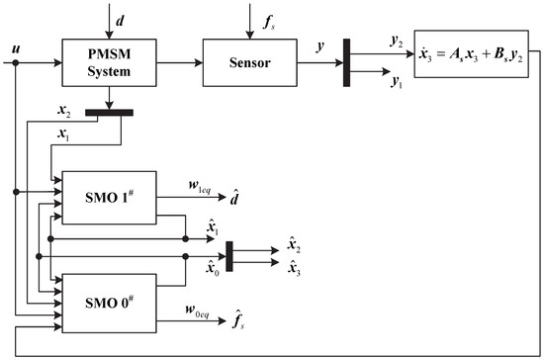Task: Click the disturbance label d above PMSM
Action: click(x=112, y=16)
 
